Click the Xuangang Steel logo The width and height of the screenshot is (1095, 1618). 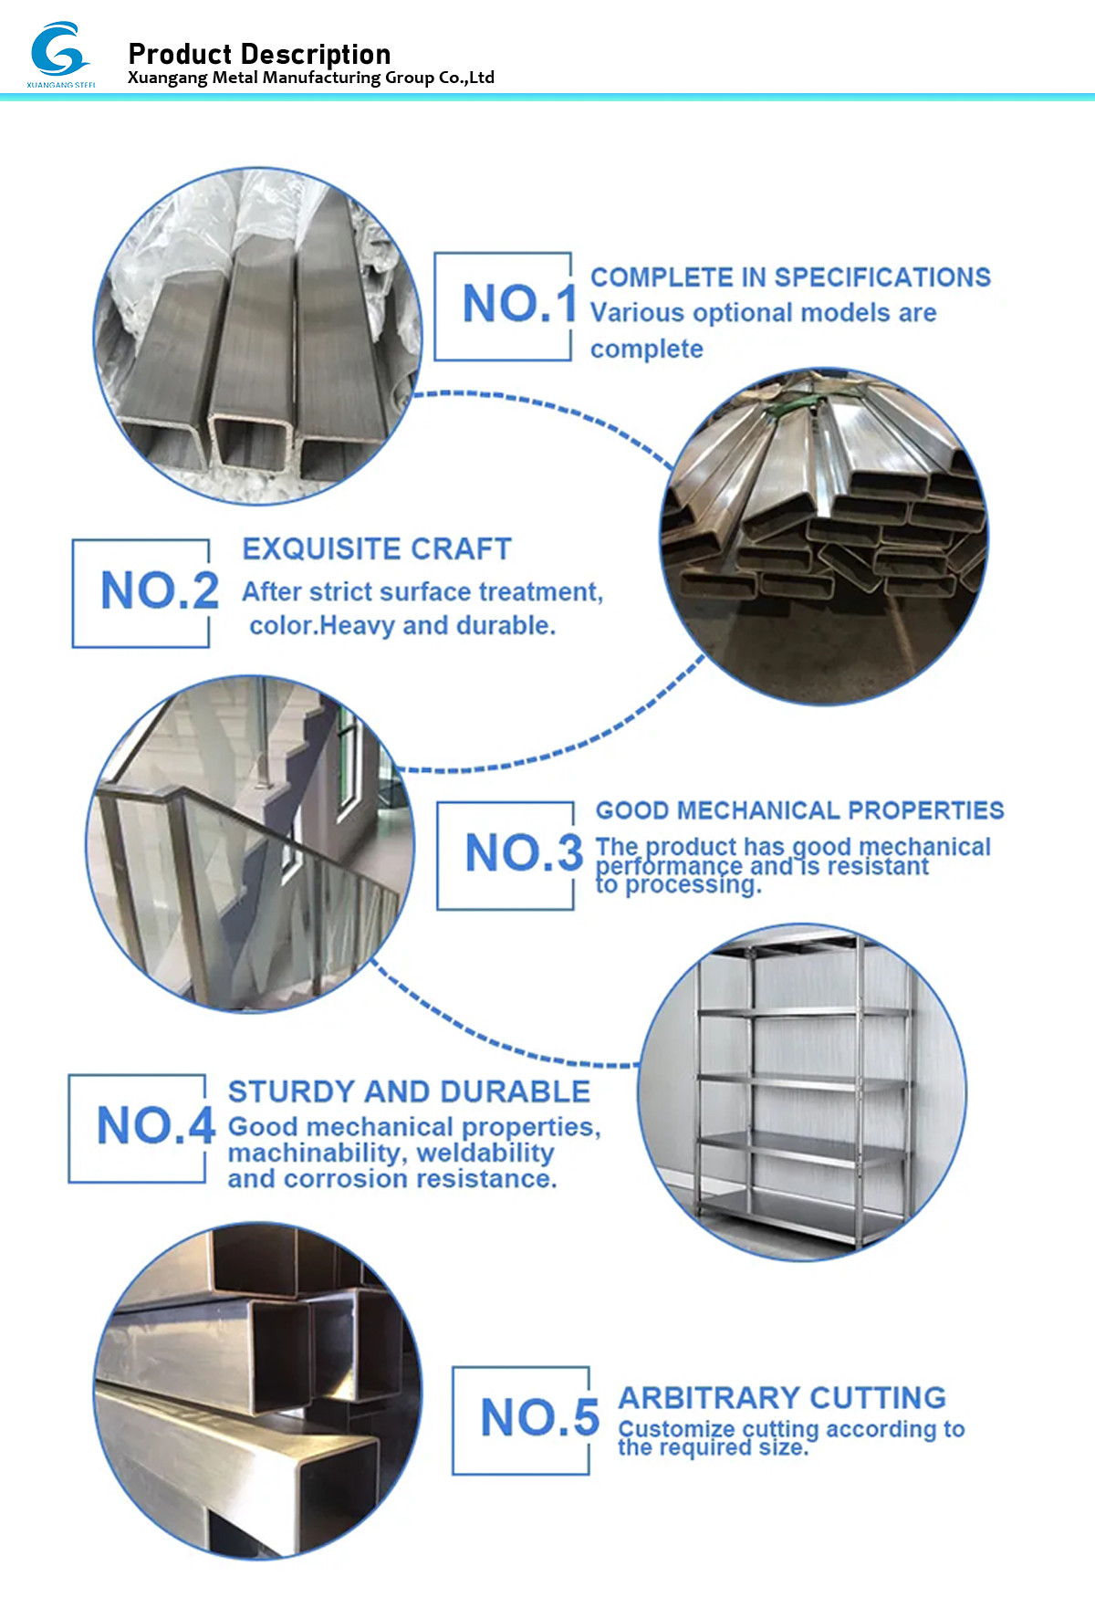coord(59,53)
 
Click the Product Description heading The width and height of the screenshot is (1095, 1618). coord(259,54)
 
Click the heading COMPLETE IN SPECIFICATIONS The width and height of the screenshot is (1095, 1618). coord(790,277)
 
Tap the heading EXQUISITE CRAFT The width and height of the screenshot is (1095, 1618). coord(376,548)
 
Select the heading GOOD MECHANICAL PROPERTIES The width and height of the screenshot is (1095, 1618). coord(799,810)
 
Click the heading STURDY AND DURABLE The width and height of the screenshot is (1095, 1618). coord(409,1091)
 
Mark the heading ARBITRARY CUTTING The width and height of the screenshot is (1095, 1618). coord(782,1398)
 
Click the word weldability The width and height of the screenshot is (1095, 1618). coord(485,1153)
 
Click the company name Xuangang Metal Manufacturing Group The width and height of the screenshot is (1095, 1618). coord(310,78)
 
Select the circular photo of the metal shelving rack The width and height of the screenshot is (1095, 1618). coord(801,1092)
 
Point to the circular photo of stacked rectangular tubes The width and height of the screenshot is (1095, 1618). coord(824,536)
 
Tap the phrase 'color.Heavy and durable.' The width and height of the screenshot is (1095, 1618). coord(402,626)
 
